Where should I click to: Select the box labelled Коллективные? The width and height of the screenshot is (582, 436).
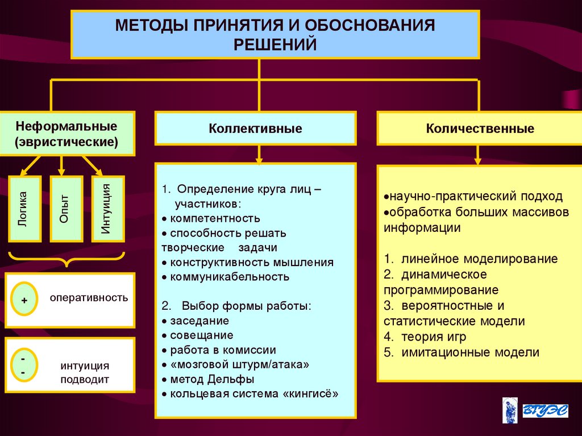click(255, 128)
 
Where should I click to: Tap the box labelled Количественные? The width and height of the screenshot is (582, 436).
click(480, 128)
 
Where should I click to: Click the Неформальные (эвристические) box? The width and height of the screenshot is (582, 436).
click(67, 134)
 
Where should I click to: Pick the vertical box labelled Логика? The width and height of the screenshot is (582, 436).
click(24, 209)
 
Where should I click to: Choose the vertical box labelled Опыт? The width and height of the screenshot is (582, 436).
click(67, 209)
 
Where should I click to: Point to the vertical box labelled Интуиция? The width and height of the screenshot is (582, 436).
click(108, 209)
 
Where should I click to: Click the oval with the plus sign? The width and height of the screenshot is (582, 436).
click(24, 298)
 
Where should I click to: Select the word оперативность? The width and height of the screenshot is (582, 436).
click(89, 298)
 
